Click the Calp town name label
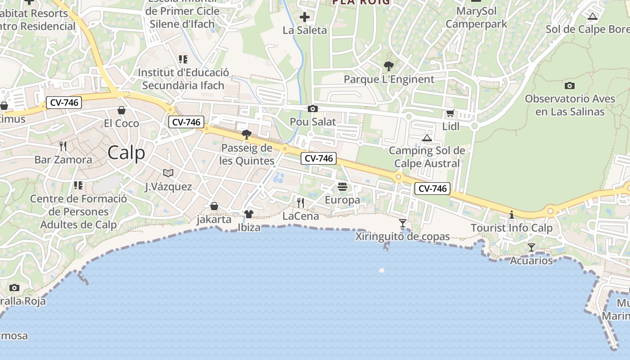click(x=126, y=153)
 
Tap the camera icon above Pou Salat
click(x=313, y=108)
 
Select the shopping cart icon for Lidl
click(x=450, y=113)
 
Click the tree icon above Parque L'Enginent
click(x=389, y=66)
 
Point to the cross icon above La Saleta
click(x=305, y=18)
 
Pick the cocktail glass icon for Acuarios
click(x=531, y=247)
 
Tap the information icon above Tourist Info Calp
click(x=511, y=215)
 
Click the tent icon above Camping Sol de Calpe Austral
click(x=427, y=137)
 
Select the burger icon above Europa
click(x=342, y=187)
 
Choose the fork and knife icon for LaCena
click(x=301, y=203)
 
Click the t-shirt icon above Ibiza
click(x=249, y=214)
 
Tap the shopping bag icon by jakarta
click(x=214, y=206)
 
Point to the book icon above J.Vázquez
click(x=168, y=173)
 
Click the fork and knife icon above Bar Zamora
click(x=63, y=146)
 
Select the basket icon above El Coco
click(x=121, y=110)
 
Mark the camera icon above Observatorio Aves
click(x=569, y=85)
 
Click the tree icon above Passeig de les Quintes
click(x=246, y=134)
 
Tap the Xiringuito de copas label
click(x=403, y=236)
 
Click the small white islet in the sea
click(x=382, y=270)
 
